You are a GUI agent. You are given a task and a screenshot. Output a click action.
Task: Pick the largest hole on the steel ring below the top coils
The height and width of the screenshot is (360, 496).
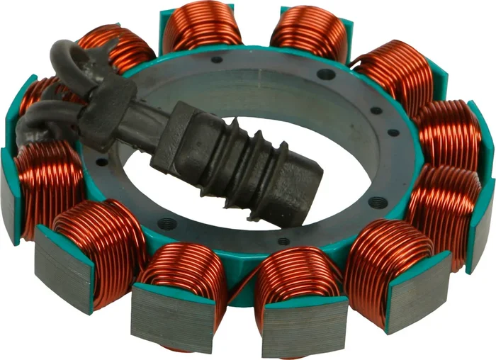click(x=325, y=74)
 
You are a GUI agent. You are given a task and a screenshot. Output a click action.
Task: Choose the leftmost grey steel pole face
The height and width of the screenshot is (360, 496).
click(x=11, y=195)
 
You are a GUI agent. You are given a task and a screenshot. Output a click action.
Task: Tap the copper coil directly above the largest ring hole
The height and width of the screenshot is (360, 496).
click(x=308, y=32)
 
